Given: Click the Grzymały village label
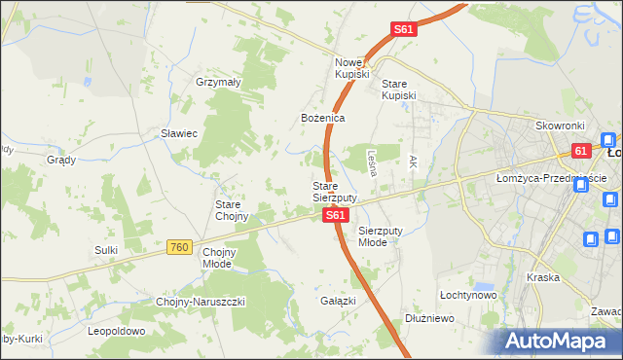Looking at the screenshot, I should click(x=219, y=83).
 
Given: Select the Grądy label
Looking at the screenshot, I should click(x=61, y=160).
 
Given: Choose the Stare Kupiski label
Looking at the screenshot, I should click(x=399, y=90).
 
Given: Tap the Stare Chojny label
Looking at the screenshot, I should click(x=233, y=210).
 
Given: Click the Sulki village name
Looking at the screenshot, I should click(x=106, y=250).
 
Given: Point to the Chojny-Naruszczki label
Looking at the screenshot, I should click(x=201, y=302).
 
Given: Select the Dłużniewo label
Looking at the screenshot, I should click(x=430, y=317).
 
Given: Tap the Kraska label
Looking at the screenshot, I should click(x=542, y=277).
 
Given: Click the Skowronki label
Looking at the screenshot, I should click(x=559, y=126).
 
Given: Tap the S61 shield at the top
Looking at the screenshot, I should click(x=405, y=30).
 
